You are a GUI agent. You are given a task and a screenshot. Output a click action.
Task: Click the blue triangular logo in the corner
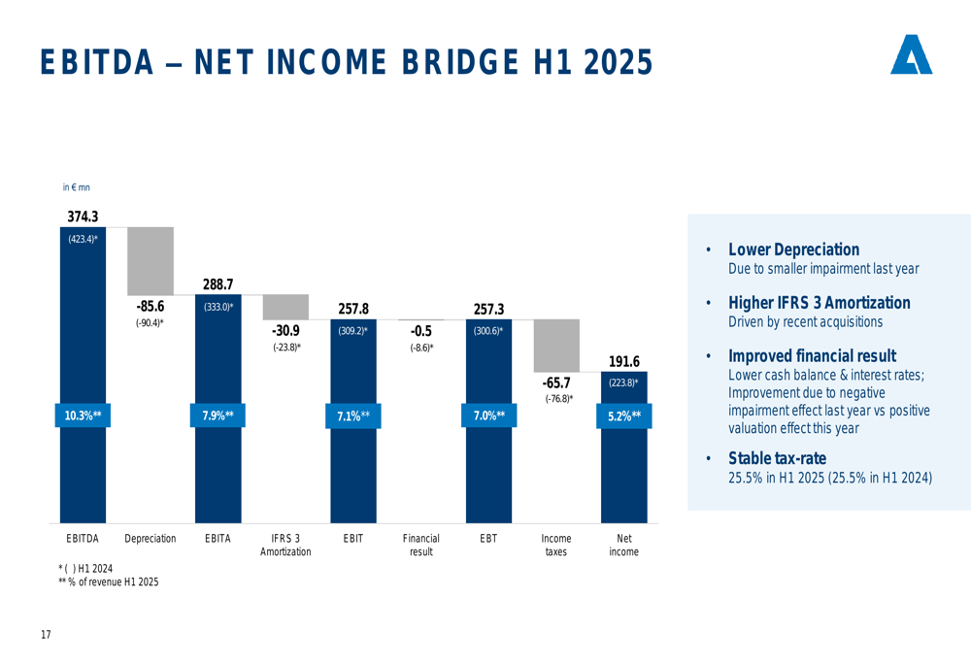coord(911,55)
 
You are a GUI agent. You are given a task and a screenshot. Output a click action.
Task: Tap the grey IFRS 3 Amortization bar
coord(285,307)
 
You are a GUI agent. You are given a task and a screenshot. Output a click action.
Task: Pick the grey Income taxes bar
coord(556,345)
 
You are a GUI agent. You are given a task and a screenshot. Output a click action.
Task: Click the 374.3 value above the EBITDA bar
coord(83,216)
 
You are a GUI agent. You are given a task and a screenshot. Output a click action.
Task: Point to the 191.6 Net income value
coord(623,362)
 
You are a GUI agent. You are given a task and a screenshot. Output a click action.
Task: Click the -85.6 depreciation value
coord(150,307)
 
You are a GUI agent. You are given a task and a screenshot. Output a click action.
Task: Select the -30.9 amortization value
coord(285,330)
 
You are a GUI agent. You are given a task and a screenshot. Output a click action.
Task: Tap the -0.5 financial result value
coord(420,331)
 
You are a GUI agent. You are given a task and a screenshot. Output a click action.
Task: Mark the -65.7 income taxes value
coord(556,382)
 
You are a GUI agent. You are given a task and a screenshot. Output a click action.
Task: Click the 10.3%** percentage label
coord(83,416)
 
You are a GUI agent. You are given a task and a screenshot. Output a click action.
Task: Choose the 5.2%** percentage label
coord(623,416)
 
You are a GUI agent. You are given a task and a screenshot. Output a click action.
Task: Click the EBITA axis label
coord(218,538)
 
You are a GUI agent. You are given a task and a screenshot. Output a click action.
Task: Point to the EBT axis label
coord(488,538)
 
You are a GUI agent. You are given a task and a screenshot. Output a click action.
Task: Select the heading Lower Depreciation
coord(793,250)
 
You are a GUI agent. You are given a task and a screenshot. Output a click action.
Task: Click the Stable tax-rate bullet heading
coord(777,458)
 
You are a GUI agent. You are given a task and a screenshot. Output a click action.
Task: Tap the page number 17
coord(46,635)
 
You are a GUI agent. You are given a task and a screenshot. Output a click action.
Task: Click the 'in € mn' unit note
coord(76,187)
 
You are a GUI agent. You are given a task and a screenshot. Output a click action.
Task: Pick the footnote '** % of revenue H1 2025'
coord(108,582)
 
